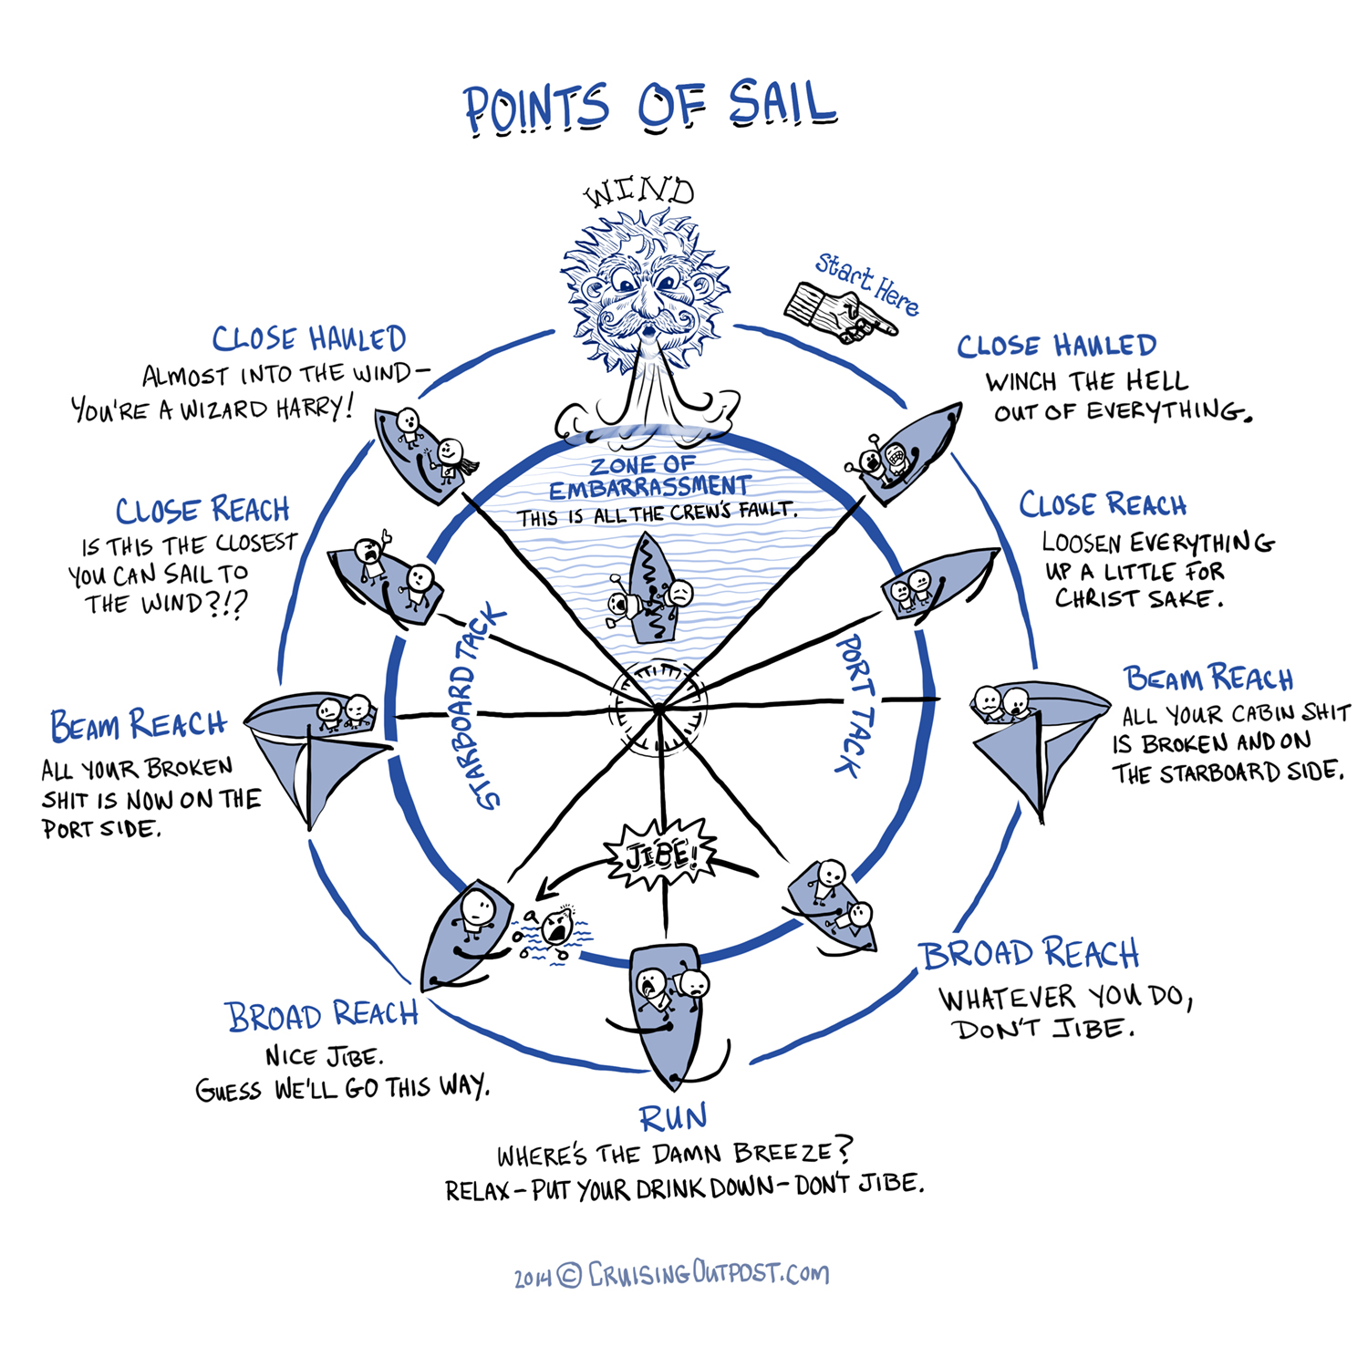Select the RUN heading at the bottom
tap(673, 1118)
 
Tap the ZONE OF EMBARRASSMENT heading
tap(648, 476)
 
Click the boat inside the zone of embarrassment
tap(651, 588)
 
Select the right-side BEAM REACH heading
tap(1208, 679)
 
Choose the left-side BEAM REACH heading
tap(138, 725)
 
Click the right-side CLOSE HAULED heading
tap(1056, 346)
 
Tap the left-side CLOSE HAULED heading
tap(308, 339)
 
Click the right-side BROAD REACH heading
tap(1030, 954)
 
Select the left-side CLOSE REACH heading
tap(202, 510)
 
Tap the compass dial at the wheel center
tap(658, 709)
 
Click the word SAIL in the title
tap(782, 105)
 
